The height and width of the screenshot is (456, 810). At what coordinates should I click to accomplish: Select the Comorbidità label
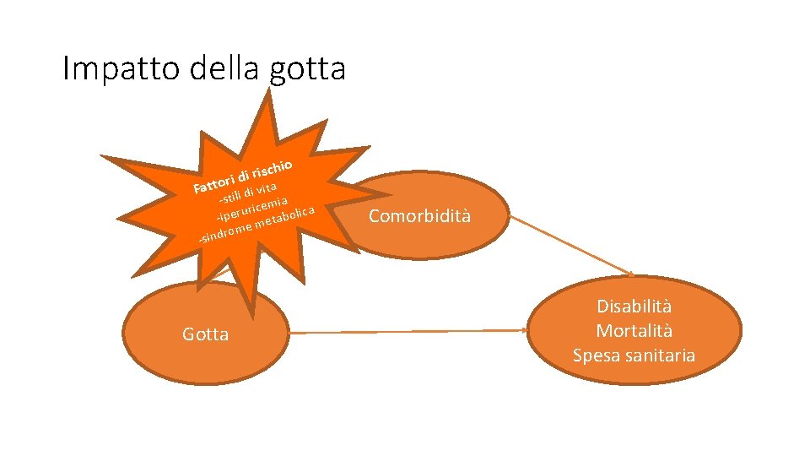[x=420, y=216]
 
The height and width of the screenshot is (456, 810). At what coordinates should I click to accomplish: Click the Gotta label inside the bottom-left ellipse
[x=205, y=334]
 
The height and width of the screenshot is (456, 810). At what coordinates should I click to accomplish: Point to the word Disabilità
[x=634, y=307]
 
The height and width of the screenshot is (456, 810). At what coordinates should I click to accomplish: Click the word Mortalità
[x=634, y=331]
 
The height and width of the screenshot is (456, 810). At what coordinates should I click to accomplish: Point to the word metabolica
[x=286, y=219]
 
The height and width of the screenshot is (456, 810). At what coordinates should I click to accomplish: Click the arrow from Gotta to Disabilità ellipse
[x=413, y=332]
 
